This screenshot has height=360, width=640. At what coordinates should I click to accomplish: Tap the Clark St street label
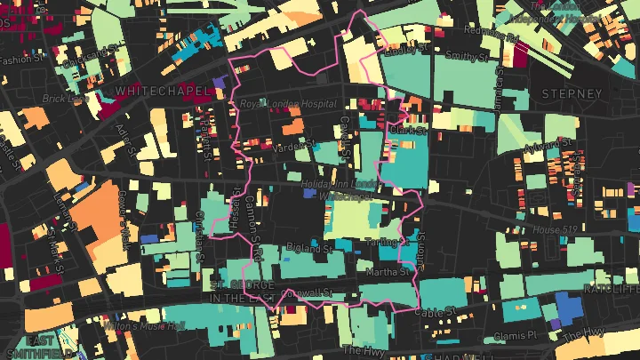(x=408, y=130)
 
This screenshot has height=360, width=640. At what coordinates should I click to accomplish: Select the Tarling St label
(x=390, y=241)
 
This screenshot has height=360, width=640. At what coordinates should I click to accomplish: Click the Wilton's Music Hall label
(x=146, y=326)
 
